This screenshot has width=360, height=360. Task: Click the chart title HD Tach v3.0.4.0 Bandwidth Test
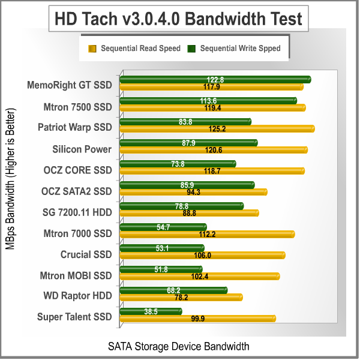(179, 19)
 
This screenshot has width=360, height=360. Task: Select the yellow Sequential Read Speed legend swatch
(92, 49)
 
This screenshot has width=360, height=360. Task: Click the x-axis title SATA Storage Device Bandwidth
(178, 346)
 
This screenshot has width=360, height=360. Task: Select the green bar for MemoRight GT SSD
(215, 79)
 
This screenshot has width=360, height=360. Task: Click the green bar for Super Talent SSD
(151, 311)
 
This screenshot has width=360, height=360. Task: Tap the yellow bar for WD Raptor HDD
(181, 297)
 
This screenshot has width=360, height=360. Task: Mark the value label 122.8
(215, 79)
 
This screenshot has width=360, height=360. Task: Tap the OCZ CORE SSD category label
(77, 170)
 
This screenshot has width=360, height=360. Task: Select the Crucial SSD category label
(86, 254)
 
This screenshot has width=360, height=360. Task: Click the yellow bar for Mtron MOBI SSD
(200, 276)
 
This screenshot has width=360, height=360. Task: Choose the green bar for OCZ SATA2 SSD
(187, 185)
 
